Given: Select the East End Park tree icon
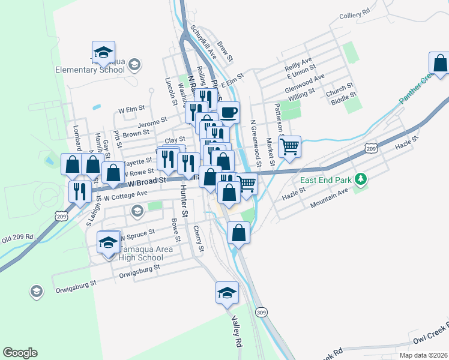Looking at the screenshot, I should tap(360, 179).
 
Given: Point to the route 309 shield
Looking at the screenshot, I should tap(260, 313).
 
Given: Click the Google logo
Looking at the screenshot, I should tap(20, 353).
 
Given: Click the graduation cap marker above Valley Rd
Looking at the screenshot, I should tap(227, 293).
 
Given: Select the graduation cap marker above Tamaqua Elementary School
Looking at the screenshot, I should tap(103, 52).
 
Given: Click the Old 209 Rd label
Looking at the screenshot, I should tap(18, 241).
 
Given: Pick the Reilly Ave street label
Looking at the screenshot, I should tap(299, 63).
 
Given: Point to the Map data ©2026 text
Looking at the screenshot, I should tap(423, 355).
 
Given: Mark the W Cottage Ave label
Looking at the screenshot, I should tap(125, 195).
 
